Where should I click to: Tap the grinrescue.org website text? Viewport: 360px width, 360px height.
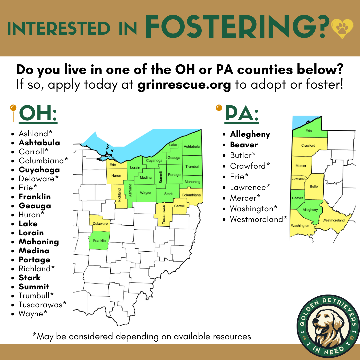point(184,85)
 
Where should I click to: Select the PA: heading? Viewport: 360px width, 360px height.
point(242,114)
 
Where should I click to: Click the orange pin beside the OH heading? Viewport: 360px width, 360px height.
point(13,108)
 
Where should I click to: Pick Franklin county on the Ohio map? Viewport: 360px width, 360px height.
point(99,241)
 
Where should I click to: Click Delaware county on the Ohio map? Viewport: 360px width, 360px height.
point(100,223)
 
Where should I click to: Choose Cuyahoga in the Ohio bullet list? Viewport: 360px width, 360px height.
point(39,170)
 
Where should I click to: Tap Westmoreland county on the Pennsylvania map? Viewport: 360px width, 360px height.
point(333,220)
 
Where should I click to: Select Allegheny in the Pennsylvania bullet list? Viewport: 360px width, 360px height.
point(250,134)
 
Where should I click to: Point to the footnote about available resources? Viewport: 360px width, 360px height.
point(142,336)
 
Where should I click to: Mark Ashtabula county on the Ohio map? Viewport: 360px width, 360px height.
point(192,147)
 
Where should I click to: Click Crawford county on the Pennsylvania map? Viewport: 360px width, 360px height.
point(308,146)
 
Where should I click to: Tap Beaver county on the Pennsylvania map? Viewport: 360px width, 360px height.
point(297,198)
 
